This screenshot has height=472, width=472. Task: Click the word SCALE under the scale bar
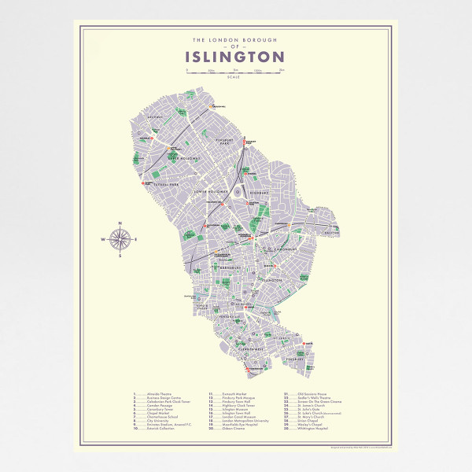(x=234, y=77)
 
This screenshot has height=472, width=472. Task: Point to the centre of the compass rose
(x=119, y=238)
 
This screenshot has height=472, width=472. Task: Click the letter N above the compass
(x=119, y=221)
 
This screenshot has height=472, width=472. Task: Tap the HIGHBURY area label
(x=260, y=191)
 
